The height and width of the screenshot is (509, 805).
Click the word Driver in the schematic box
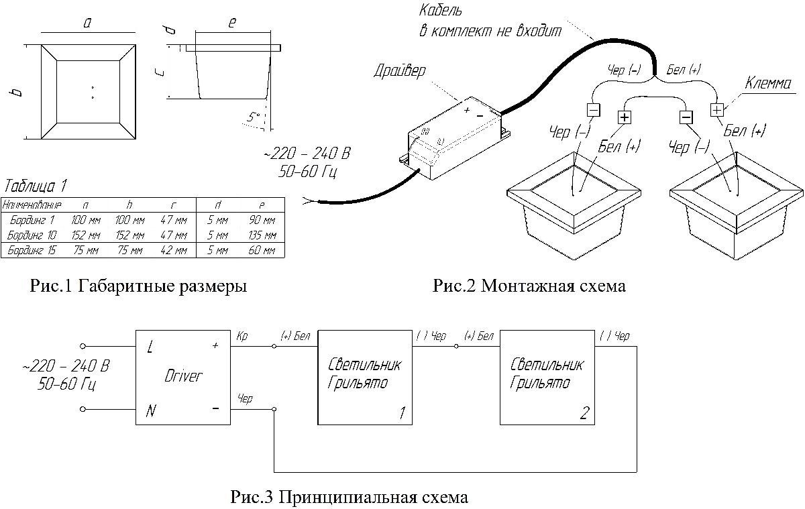[182, 376]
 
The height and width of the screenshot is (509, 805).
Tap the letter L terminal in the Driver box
[149, 348]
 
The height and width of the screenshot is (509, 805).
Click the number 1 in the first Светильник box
[402, 414]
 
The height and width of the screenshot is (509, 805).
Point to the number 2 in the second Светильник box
[584, 414]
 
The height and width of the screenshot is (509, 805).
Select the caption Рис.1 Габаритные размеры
[139, 287]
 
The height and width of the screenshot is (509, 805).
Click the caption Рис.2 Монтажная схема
[529, 287]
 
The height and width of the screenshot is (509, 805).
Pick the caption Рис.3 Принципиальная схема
[349, 498]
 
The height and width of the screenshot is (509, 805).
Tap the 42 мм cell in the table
[173, 251]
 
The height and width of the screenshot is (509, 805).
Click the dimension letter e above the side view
[232, 23]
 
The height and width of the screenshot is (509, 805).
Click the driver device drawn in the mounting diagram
[456, 137]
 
